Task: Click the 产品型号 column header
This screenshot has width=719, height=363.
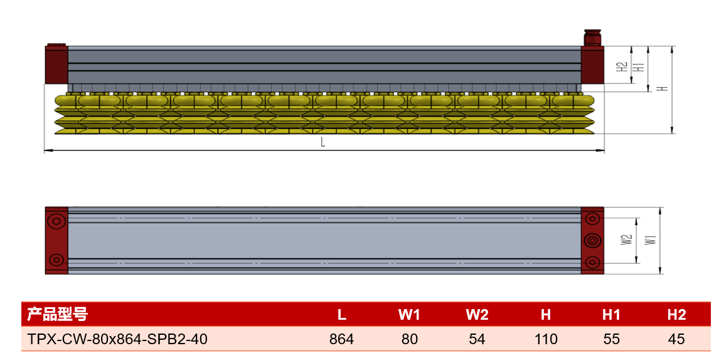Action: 57,315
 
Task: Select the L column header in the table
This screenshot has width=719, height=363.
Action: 341,315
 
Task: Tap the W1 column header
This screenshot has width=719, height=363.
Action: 409,315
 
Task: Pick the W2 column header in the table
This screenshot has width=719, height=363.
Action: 477,315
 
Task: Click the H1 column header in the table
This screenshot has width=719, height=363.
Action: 611,315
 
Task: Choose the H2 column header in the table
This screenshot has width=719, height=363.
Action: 676,315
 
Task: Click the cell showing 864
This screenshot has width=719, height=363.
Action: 341,339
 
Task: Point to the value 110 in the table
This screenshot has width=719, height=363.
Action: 546,339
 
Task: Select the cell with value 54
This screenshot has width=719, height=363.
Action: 477,339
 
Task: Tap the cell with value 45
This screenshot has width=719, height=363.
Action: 676,339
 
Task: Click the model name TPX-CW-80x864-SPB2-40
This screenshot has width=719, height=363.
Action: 117,339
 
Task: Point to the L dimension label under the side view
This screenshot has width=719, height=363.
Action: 323,142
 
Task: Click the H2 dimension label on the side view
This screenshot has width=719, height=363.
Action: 622,67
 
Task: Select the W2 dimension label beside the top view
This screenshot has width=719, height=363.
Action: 626,239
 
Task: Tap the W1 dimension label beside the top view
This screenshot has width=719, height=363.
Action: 651,239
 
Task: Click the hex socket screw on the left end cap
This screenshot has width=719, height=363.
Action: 56,221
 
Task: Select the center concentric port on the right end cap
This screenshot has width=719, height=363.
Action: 592,240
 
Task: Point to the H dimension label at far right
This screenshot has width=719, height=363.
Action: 663,88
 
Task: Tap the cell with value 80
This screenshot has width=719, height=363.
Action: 409,339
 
